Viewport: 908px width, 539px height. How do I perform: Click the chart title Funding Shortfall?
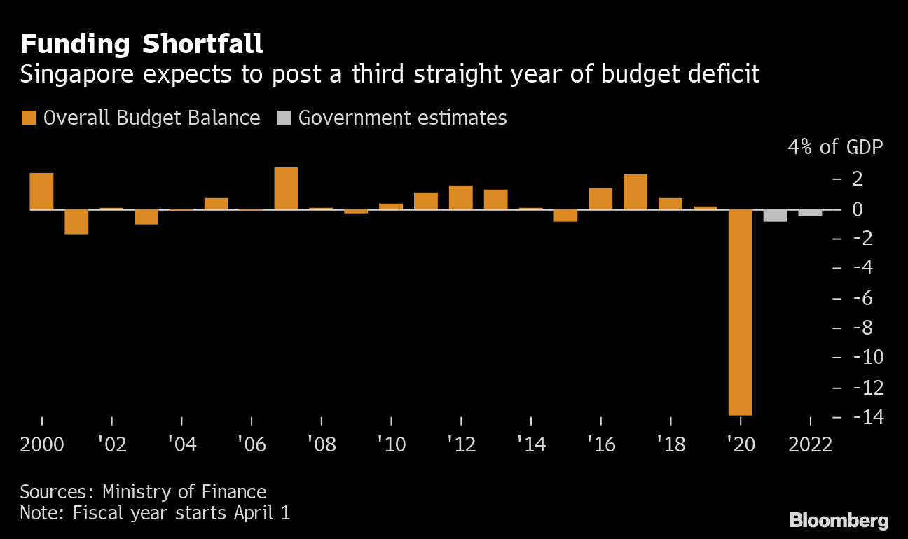142,44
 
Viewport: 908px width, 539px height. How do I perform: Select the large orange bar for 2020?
741,312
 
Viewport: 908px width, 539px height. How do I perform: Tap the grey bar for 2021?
776,216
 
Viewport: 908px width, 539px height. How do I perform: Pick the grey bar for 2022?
811,213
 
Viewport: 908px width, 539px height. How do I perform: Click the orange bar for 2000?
41,191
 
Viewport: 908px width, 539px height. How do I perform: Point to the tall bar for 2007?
286,188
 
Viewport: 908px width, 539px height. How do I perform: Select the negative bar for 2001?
76,222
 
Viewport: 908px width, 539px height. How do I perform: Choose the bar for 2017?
635,192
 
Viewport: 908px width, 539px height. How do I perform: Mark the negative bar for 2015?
565,216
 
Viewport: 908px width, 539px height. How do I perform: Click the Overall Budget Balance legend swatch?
28,118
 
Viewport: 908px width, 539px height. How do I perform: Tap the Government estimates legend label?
402,118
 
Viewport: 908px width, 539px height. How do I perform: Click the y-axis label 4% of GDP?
835,148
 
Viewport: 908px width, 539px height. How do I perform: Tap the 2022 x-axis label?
811,444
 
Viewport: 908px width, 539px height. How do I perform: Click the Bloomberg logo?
839,520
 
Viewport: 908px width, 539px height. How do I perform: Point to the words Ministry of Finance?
184,491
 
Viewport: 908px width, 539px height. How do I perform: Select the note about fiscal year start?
155,512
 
